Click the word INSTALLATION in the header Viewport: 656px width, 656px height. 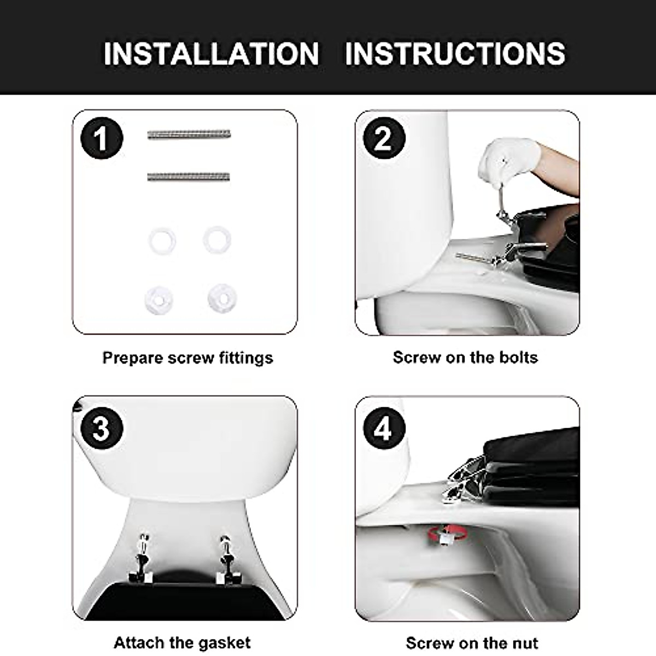(x=211, y=54)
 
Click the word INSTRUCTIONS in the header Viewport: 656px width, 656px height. (x=455, y=54)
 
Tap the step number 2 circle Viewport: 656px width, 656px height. (x=384, y=139)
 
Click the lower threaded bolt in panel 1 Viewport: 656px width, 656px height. (x=189, y=177)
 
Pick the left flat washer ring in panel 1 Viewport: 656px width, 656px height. (x=162, y=240)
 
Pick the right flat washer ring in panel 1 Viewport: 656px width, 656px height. (x=218, y=239)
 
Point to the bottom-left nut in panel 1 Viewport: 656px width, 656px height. (x=160, y=298)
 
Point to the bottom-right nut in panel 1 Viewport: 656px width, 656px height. (x=222, y=296)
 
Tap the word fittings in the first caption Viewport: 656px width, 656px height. (x=245, y=358)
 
